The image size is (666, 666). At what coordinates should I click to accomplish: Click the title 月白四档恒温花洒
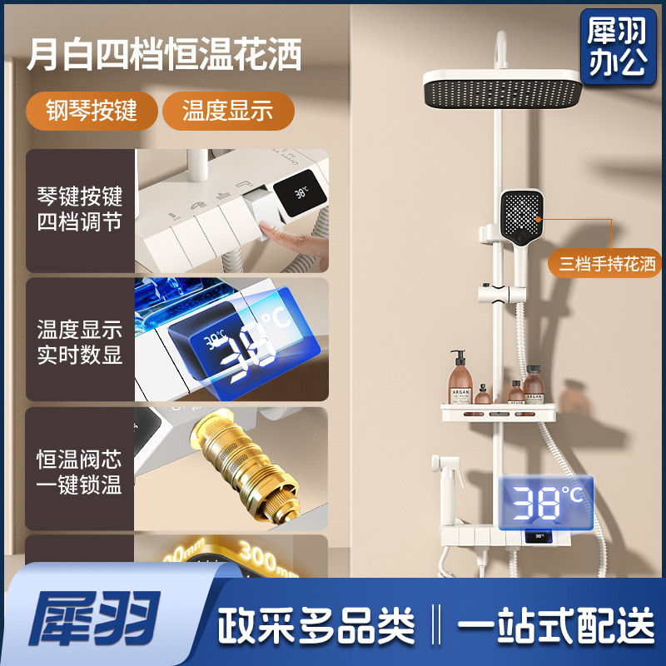click(163, 57)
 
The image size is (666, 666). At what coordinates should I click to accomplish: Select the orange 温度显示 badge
click(227, 111)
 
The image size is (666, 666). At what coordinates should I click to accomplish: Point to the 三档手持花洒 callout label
click(607, 265)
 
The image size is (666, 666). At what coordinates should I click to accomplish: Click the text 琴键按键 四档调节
click(79, 210)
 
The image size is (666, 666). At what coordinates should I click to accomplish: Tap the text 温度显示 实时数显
click(79, 341)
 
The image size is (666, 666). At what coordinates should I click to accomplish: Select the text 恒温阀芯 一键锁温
click(79, 472)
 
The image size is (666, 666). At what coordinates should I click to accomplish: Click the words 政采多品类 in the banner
click(316, 623)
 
